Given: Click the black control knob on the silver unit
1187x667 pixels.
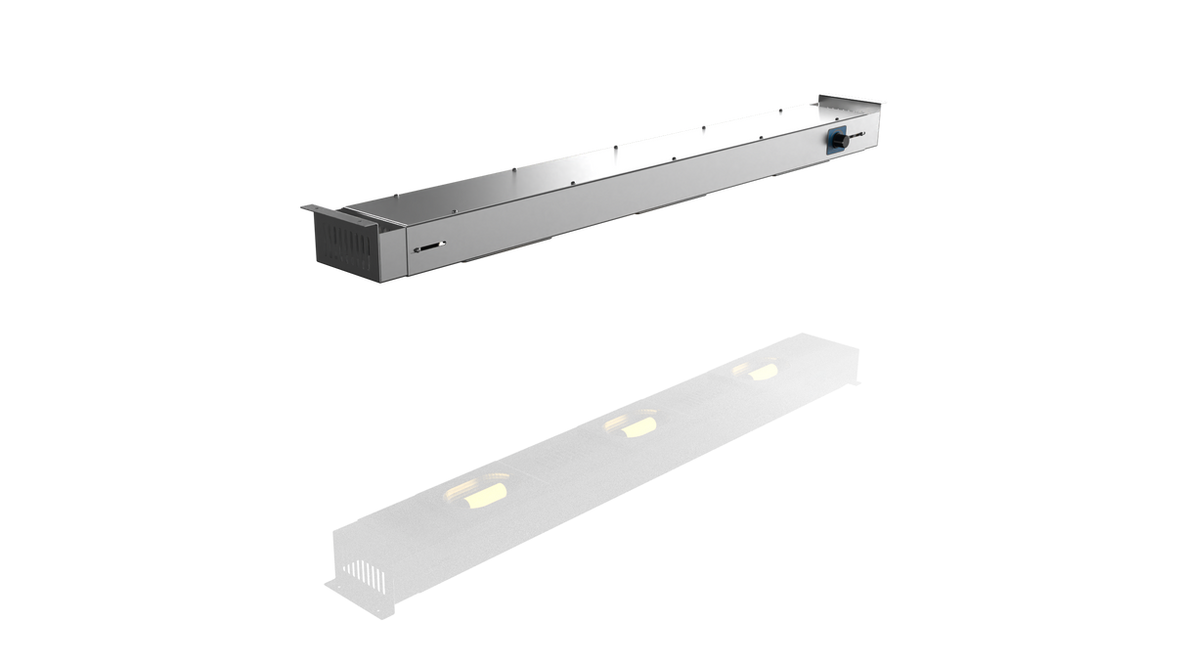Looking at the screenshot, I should (x=839, y=142).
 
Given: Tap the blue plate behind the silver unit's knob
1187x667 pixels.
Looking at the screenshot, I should (x=832, y=134).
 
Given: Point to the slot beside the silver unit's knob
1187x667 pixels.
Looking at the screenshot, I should (x=857, y=135).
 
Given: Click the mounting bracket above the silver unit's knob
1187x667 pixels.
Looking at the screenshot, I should (x=854, y=97).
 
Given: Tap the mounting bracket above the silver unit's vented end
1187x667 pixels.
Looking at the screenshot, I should (x=320, y=208).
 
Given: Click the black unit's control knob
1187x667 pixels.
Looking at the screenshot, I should (x=819, y=384).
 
